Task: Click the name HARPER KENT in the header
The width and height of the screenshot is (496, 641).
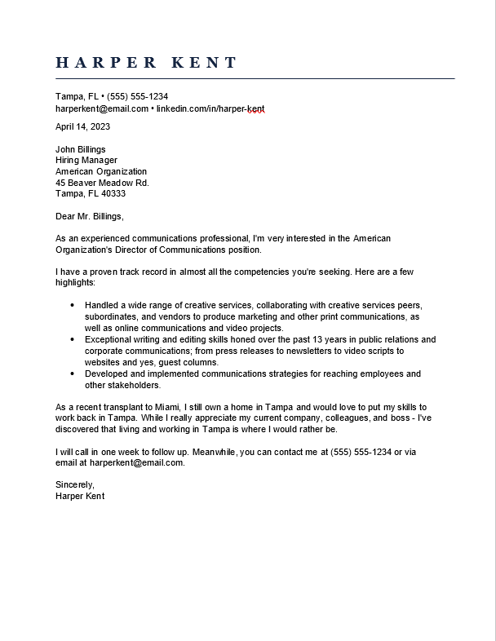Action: (x=147, y=63)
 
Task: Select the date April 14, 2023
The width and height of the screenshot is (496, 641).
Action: (x=82, y=126)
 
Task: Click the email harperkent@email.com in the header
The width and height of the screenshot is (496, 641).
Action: (x=102, y=108)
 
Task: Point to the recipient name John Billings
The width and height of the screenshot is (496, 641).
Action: (x=80, y=149)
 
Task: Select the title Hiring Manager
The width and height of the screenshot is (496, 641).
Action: (x=86, y=161)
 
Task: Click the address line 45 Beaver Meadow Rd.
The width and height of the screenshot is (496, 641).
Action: (x=102, y=183)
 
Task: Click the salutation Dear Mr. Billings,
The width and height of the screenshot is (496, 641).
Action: (x=90, y=216)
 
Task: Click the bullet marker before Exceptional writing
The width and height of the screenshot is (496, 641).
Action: (x=73, y=339)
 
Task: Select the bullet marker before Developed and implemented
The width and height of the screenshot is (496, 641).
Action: (x=73, y=374)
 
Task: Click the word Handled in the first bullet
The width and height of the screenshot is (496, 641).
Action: (x=100, y=305)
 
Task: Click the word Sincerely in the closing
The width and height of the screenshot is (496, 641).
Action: (x=74, y=484)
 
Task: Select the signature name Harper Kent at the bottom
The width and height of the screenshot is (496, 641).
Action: (x=80, y=496)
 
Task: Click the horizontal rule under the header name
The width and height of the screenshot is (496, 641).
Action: (x=255, y=79)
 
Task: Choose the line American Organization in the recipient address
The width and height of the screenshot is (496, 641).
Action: (x=101, y=171)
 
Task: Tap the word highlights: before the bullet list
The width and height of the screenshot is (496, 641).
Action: (x=75, y=282)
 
